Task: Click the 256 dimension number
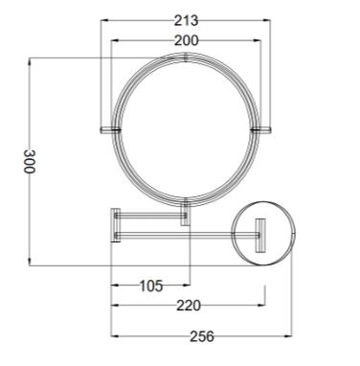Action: tap(200, 337)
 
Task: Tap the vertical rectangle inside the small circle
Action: tap(258, 232)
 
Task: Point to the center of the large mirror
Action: tap(185, 126)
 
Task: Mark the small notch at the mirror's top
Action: tap(185, 57)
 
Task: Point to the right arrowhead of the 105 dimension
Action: tap(189, 285)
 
